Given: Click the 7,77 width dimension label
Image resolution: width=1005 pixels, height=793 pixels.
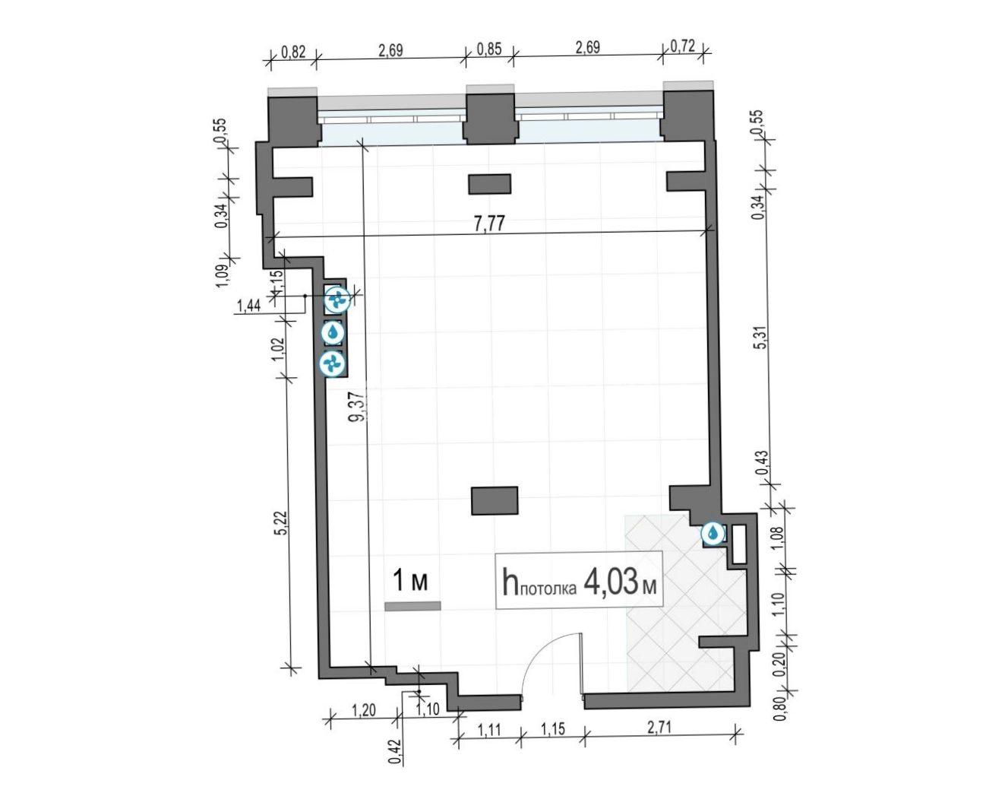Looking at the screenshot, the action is pyautogui.click(x=489, y=224).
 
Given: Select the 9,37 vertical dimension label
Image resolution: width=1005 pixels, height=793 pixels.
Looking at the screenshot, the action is pyautogui.click(x=358, y=407).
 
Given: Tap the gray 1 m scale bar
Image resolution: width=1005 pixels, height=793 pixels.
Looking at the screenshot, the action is pyautogui.click(x=412, y=606).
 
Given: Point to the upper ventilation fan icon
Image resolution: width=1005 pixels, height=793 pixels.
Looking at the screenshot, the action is pyautogui.click(x=337, y=300).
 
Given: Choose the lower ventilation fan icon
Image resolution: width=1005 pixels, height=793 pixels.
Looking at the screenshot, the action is pyautogui.click(x=332, y=363).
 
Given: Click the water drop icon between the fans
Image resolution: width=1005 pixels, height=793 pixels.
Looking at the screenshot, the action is pyautogui.click(x=333, y=333).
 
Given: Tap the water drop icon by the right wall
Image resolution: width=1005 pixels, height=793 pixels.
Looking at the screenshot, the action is pyautogui.click(x=713, y=534).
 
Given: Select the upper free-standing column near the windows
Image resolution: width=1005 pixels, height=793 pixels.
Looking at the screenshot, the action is pyautogui.click(x=489, y=184).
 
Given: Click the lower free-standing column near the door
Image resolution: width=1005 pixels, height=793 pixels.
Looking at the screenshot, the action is pyautogui.click(x=495, y=501).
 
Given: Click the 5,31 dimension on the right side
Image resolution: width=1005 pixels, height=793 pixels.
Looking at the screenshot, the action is pyautogui.click(x=761, y=336).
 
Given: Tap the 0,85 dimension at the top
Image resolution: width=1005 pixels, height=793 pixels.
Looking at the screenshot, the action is pyautogui.click(x=489, y=48).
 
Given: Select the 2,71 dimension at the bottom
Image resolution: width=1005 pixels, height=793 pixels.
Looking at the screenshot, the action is pyautogui.click(x=659, y=728).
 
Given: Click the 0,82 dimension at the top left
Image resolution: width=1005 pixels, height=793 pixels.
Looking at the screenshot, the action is pyautogui.click(x=292, y=51).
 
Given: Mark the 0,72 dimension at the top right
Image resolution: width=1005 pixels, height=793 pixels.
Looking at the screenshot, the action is pyautogui.click(x=683, y=46).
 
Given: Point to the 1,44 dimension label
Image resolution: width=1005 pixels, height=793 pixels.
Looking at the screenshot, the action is pyautogui.click(x=248, y=306).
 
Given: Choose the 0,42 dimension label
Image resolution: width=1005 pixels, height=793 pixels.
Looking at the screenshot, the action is pyautogui.click(x=394, y=752).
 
